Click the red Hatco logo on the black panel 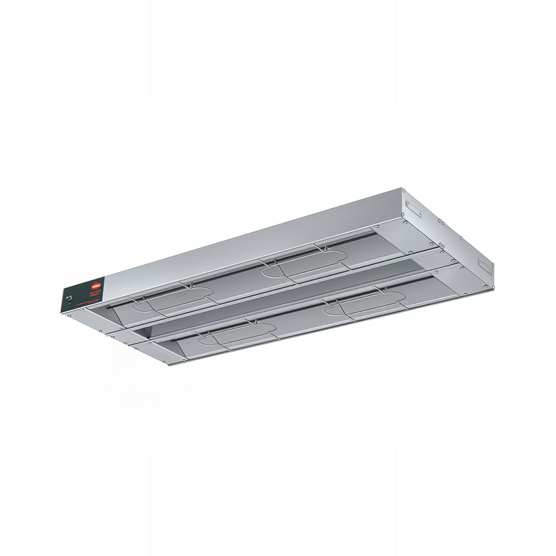click(x=96, y=286)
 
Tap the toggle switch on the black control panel click(x=69, y=298)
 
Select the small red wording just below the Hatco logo click(x=95, y=293)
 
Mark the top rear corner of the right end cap click(x=402, y=188)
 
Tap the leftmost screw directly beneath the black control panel click(x=69, y=316)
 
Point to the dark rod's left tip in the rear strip click(x=108, y=307)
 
